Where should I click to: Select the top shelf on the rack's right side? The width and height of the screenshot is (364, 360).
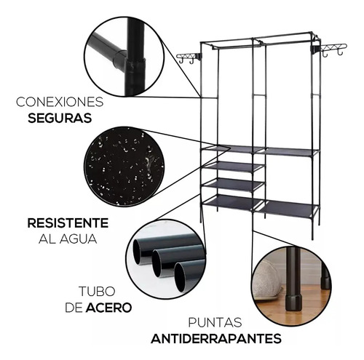pos(290,151)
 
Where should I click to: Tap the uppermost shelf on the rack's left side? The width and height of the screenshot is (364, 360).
pos(232,149)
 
